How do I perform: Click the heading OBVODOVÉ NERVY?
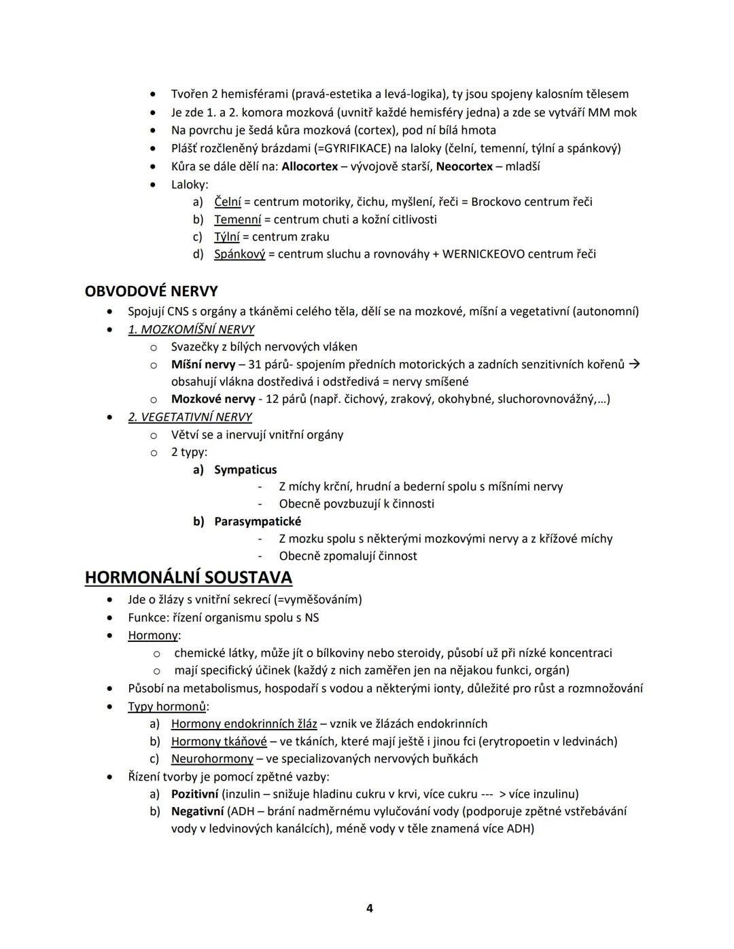(151, 291)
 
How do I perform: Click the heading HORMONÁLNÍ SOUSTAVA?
(188, 577)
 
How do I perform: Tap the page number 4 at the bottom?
(369, 908)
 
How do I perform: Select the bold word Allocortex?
(309, 166)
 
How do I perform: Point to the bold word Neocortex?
(464, 166)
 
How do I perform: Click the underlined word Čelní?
(228, 202)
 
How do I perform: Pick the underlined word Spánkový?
(239, 254)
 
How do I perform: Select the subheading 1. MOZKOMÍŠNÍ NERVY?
(191, 329)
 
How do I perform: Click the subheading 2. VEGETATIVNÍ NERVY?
(190, 417)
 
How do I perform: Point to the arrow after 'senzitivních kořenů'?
(634, 364)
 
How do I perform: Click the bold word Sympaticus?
(245, 469)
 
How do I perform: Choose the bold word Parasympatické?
(258, 521)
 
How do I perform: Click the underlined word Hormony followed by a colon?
(153, 635)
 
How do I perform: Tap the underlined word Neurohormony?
(212, 759)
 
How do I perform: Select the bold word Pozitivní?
(194, 793)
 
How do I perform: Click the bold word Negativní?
(197, 811)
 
